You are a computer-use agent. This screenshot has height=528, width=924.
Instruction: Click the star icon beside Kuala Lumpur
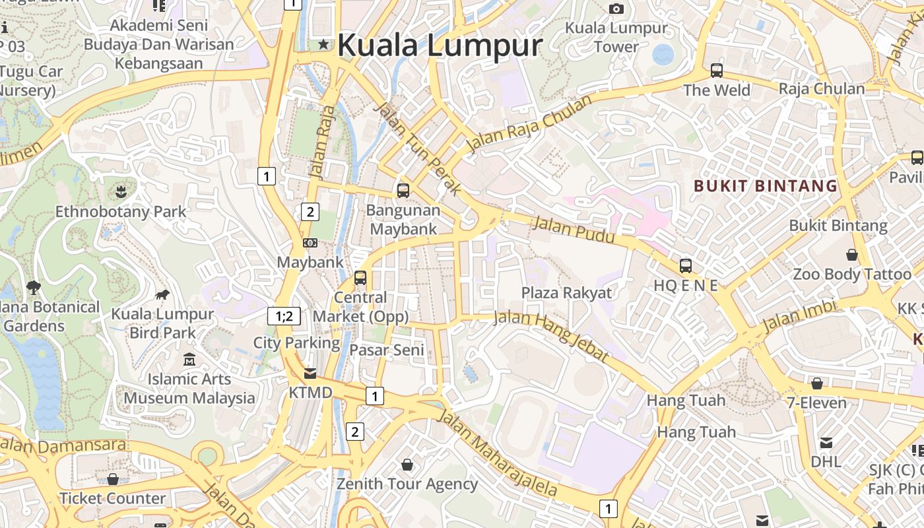(x=323, y=44)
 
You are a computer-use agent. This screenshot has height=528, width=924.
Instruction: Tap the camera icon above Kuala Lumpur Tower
(x=616, y=9)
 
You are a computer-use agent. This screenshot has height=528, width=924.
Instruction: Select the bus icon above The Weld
(x=716, y=70)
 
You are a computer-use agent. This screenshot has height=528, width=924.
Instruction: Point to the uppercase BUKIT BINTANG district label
(x=766, y=186)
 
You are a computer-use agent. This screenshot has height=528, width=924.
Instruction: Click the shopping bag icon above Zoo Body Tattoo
(x=852, y=255)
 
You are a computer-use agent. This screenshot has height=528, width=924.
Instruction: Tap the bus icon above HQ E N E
(x=686, y=266)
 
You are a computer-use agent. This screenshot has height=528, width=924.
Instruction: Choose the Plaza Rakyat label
(x=567, y=293)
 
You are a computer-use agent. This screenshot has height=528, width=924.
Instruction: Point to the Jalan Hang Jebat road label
(x=550, y=336)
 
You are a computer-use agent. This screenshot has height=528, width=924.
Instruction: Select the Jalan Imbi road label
(x=799, y=316)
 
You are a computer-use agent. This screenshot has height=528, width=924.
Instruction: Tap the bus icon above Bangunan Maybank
(x=403, y=191)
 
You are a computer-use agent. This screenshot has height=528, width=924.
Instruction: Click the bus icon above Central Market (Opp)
(x=360, y=278)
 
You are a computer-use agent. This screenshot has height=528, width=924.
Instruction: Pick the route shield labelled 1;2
(x=284, y=316)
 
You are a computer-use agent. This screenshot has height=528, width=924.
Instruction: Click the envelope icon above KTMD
(x=310, y=374)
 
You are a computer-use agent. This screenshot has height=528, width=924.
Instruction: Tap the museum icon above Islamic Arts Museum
(x=189, y=360)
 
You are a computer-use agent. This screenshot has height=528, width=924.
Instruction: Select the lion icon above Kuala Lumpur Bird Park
(x=162, y=294)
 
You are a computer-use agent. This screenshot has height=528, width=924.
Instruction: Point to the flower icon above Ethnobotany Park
(x=121, y=193)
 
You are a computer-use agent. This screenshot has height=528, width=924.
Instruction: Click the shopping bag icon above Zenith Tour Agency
(x=407, y=465)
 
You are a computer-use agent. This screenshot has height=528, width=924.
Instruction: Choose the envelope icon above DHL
(x=826, y=443)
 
